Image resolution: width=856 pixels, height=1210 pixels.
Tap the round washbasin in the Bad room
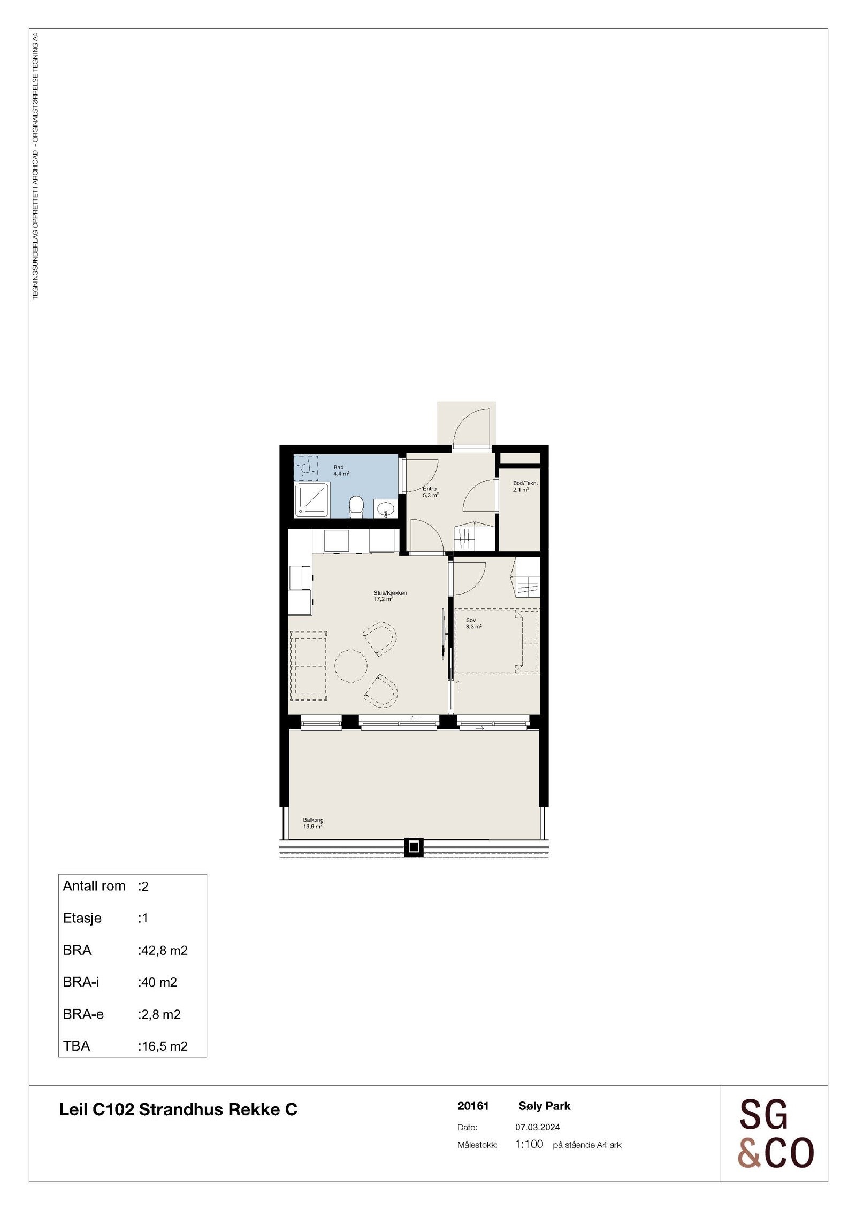385,508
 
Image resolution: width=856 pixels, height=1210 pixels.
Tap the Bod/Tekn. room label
524,486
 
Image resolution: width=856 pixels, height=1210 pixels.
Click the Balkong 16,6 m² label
313,823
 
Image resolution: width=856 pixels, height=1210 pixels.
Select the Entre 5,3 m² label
430,492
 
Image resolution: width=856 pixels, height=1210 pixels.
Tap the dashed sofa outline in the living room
308,666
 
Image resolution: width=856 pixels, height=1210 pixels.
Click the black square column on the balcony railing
414,847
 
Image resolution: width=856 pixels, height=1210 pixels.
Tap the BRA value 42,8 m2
163,950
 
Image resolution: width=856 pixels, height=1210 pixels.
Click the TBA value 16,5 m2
163,1046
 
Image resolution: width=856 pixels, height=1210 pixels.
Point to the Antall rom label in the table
94,886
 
